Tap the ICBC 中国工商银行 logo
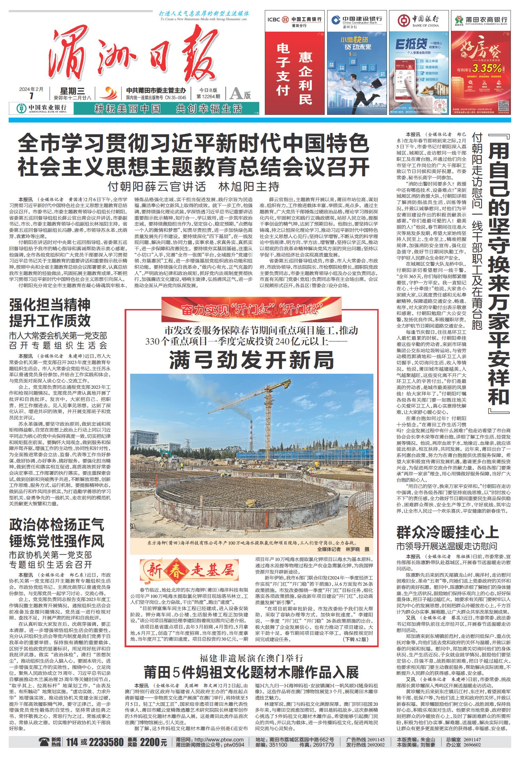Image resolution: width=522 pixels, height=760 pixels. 294,20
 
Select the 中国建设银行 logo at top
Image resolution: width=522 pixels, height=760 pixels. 358,20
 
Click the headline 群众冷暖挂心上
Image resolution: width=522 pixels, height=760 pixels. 448,532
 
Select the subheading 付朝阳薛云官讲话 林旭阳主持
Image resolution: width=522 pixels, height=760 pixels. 193,187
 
